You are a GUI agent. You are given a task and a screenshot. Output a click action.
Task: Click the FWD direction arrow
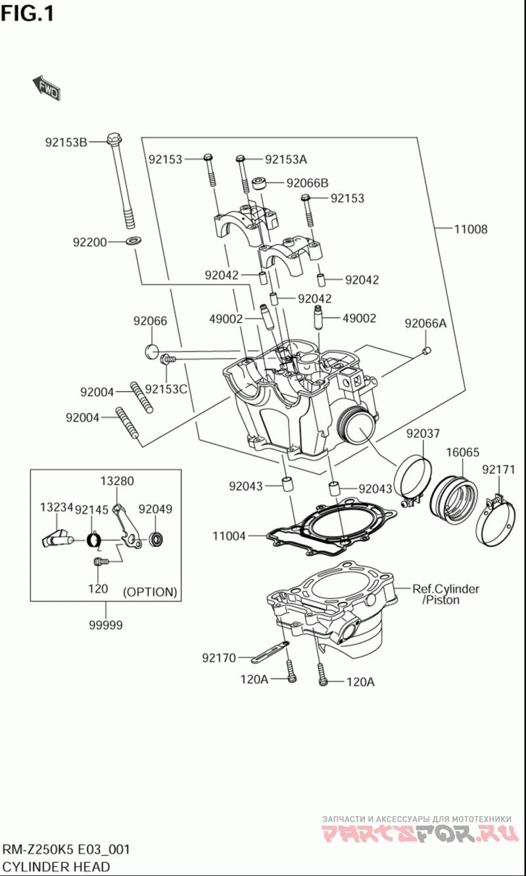click(x=46, y=88)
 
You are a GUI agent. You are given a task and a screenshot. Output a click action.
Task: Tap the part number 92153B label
click(x=66, y=142)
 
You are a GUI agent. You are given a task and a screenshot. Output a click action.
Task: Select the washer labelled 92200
click(x=134, y=240)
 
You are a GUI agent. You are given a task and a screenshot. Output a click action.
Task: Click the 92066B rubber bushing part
click(x=260, y=182)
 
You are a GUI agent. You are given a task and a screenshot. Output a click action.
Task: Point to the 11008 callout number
click(x=471, y=229)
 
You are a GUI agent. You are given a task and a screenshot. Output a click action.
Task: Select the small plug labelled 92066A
click(x=427, y=351)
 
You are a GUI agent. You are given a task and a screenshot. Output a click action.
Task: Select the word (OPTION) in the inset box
click(x=150, y=592)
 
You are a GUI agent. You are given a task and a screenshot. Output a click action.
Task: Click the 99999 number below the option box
click(x=105, y=625)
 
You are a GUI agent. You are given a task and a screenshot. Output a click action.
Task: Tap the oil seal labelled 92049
click(x=156, y=540)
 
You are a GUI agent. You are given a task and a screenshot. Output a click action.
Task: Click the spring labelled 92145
click(x=94, y=541)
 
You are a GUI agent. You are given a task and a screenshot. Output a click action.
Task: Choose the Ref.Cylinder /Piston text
click(x=446, y=594)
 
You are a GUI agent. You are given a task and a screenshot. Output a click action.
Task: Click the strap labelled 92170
click(x=270, y=651)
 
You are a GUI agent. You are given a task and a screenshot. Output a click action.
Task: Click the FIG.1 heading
click(x=28, y=14)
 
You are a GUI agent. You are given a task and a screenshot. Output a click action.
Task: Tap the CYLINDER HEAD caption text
click(x=56, y=866)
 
